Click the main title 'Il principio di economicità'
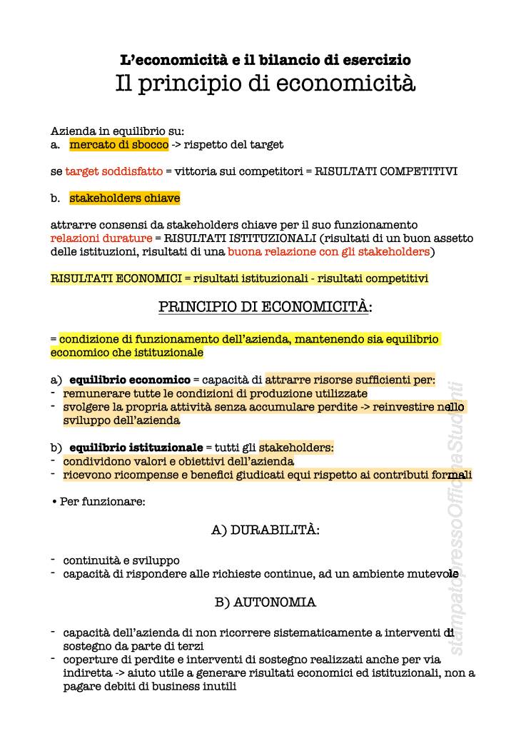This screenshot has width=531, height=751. [x=265, y=84]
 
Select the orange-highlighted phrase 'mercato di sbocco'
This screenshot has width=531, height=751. [x=119, y=144]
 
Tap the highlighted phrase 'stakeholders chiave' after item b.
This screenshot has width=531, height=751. [x=124, y=198]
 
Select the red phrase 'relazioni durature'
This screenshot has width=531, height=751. [x=101, y=238]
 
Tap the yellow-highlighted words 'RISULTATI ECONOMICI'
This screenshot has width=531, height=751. [x=112, y=278]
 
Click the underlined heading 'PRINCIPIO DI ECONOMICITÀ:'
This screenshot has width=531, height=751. [x=265, y=307]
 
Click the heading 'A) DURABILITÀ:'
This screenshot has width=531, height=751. [x=265, y=530]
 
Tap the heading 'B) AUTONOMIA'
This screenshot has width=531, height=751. [x=265, y=602]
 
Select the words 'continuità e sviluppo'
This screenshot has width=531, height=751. [x=121, y=560]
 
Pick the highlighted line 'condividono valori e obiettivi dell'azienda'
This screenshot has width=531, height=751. [x=178, y=461]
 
